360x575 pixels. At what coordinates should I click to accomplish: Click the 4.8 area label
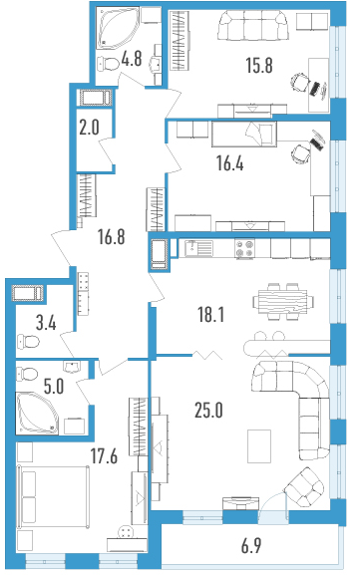pyautogui.click(x=132, y=59)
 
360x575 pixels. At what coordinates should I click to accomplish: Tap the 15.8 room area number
pyautogui.click(x=259, y=66)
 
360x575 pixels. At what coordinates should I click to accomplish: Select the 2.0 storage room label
pyautogui.click(x=89, y=128)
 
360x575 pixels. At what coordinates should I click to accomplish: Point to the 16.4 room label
pyautogui.click(x=230, y=163)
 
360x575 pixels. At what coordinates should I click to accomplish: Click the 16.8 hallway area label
pyautogui.click(x=112, y=236)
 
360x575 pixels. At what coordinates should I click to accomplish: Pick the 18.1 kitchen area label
pyautogui.click(x=211, y=315)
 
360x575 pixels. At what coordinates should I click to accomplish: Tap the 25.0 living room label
pyautogui.click(x=208, y=411)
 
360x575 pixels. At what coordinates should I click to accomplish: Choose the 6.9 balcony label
pyautogui.click(x=251, y=546)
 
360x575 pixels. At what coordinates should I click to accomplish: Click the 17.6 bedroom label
pyautogui.click(x=105, y=456)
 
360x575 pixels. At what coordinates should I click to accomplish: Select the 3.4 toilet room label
pyautogui.click(x=46, y=324)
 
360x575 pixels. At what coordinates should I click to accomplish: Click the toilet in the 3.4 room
pyautogui.click(x=28, y=341)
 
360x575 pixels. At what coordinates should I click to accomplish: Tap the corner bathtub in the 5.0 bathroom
pyautogui.click(x=37, y=413)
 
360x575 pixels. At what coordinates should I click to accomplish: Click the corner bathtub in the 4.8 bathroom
pyautogui.click(x=118, y=28)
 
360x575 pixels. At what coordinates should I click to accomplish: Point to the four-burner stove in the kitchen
pyautogui.click(x=244, y=249)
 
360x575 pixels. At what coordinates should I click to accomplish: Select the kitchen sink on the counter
pyautogui.click(x=198, y=248)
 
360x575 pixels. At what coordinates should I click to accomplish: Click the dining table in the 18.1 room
pyautogui.click(x=283, y=301)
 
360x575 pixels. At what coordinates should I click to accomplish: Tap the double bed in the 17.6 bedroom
pyautogui.click(x=53, y=497)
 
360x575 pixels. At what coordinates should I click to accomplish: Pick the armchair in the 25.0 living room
pyautogui.click(x=304, y=486)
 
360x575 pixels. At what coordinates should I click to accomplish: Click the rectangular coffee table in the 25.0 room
pyautogui.click(x=259, y=445)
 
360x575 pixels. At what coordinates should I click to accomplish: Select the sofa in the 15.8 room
pyautogui.click(x=253, y=25)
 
